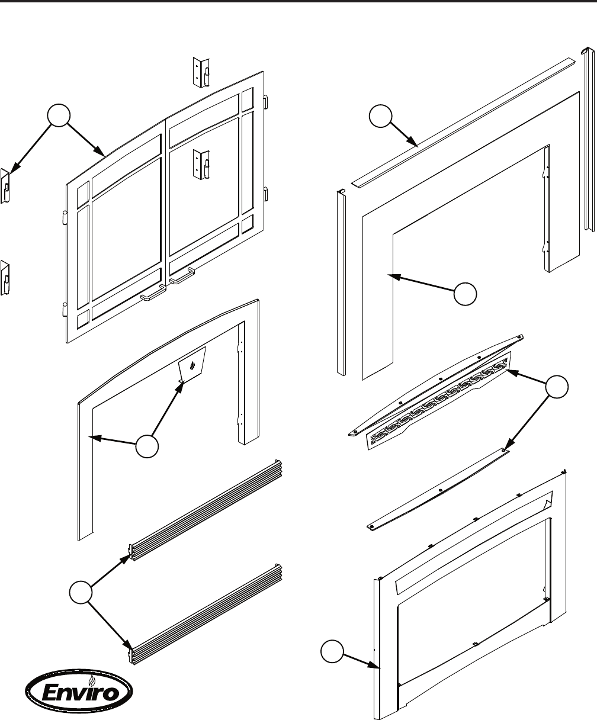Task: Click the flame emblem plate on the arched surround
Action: [192, 366]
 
